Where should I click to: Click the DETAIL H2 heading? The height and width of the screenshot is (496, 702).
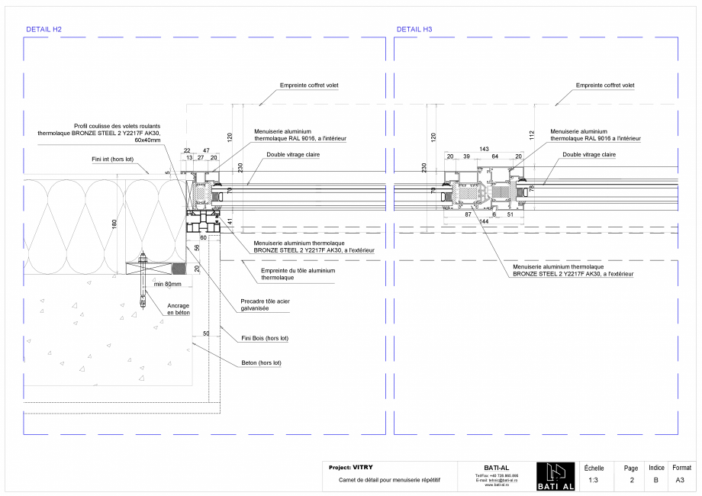[x=43, y=29]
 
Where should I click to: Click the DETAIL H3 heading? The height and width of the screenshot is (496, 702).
[x=414, y=29]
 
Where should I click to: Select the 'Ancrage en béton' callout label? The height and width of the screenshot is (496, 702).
[x=178, y=309]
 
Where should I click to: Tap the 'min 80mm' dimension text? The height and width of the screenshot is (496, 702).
[x=168, y=284]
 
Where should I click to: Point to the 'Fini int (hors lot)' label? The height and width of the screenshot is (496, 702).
[x=112, y=160]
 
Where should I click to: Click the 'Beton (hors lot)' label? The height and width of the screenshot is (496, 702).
[x=260, y=362]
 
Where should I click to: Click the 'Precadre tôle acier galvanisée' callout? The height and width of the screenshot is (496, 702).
[x=265, y=304]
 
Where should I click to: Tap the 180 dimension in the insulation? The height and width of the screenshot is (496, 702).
[x=114, y=224]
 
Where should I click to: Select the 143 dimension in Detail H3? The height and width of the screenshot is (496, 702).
[x=484, y=149]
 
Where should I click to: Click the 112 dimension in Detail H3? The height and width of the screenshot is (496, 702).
[x=531, y=136]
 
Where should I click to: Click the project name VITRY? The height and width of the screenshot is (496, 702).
[x=363, y=467]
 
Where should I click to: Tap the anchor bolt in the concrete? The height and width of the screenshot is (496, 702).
[x=143, y=282]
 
